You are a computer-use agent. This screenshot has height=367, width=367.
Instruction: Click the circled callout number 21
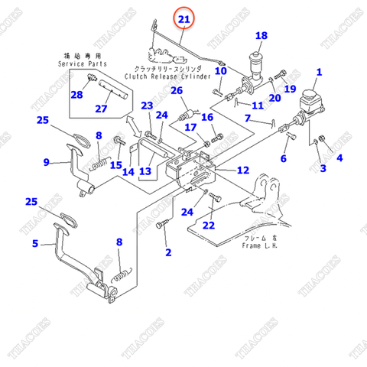coord(183,18)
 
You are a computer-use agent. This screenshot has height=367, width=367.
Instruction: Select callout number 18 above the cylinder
coord(261,36)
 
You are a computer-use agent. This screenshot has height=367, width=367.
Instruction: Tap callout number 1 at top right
coord(320,73)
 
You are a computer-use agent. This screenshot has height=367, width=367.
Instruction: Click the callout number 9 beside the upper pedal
coord(47,161)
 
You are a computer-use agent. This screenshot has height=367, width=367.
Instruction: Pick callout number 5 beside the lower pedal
coord(34,244)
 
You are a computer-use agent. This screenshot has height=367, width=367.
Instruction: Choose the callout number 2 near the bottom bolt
coord(168,252)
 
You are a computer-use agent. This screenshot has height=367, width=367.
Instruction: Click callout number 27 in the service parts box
coord(101,109)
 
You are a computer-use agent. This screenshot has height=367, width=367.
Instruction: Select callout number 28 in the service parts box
coord(76,96)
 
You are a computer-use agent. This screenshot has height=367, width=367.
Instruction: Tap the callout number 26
coord(177,91)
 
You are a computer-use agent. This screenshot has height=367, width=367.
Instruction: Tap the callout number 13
coord(145,171)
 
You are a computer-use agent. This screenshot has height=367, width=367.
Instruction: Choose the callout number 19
coord(290,89)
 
